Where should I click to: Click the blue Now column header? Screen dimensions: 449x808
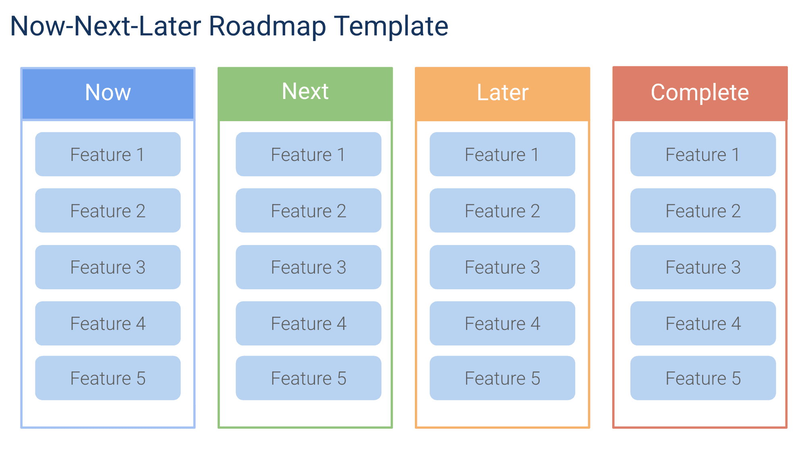coord(108,93)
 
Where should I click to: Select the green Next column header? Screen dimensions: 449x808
coord(305,93)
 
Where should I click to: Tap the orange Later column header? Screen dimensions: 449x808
coord(502,93)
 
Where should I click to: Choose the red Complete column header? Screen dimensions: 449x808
coord(700,93)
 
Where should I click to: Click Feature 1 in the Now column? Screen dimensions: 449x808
coord(108,154)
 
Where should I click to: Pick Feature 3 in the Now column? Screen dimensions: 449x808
coord(108,267)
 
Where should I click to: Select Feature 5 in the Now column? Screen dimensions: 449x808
coord(108,378)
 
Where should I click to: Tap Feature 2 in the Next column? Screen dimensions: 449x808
coord(309,211)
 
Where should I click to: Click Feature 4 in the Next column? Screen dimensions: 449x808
coord(309,323)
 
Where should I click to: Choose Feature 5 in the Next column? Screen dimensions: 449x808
coord(309,378)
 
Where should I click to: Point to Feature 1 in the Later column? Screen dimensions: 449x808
coord(502,154)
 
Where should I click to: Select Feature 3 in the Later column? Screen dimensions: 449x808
coord(502,267)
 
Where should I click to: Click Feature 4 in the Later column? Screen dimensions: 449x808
coord(502,323)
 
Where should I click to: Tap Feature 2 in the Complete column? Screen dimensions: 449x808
coord(703,211)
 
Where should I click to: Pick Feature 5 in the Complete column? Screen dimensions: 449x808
coord(703,378)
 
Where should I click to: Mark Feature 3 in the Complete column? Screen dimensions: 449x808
coord(703,267)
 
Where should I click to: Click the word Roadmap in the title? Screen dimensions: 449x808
coord(267,27)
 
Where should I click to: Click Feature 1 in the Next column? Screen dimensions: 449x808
coord(309,154)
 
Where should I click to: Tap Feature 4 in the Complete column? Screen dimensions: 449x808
coord(703,323)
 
